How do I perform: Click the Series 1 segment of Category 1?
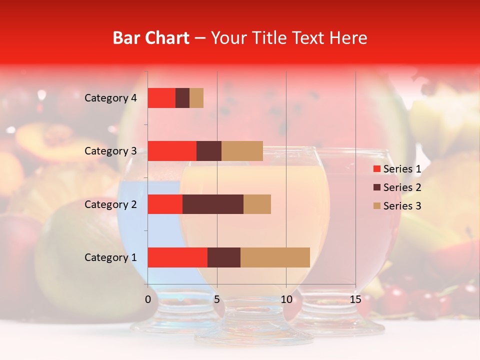pyautogui.click(x=177, y=257)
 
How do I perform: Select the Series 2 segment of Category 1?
pyautogui.click(x=224, y=257)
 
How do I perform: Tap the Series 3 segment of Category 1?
pyautogui.click(x=275, y=257)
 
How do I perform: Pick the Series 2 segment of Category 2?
pyautogui.click(x=213, y=204)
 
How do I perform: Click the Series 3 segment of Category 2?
pyautogui.click(x=257, y=204)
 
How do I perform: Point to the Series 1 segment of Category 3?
pyautogui.click(x=172, y=151)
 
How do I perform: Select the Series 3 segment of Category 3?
pyautogui.click(x=242, y=151)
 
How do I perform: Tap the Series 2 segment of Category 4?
pyautogui.click(x=182, y=98)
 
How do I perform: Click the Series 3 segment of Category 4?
pyautogui.click(x=196, y=98)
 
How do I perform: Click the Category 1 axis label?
pyautogui.click(x=110, y=257)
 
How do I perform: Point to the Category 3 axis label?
pyautogui.click(x=110, y=151)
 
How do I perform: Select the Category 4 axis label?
pyautogui.click(x=110, y=98)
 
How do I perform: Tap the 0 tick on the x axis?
pyautogui.click(x=148, y=299)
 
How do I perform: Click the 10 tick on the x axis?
pyautogui.click(x=286, y=299)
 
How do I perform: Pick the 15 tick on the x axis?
pyautogui.click(x=355, y=299)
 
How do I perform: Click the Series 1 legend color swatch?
pyautogui.click(x=377, y=169)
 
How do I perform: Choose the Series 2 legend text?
pyautogui.click(x=402, y=187)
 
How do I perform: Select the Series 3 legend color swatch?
pyautogui.click(x=377, y=206)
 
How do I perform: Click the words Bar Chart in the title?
pyautogui.click(x=151, y=38)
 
